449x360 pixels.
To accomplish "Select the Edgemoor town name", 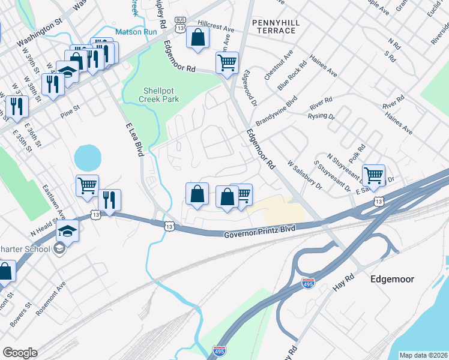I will coord(393,279).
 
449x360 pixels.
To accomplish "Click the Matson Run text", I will coord(136,31).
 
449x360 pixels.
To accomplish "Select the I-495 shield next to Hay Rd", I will coord(308,282).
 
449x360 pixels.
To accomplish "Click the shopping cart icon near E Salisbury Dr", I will coord(373,176).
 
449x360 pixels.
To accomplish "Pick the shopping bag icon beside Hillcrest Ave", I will coord(197,37).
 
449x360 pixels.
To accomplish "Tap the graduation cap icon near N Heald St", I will coord(68,231).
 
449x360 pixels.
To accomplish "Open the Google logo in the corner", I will coord(20,353).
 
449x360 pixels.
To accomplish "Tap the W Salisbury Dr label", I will coord(304,175).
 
